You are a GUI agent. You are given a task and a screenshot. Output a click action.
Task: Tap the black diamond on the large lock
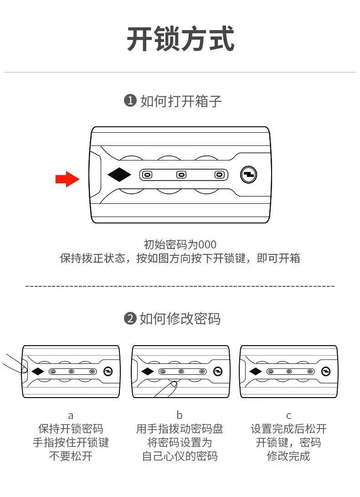point(119,175)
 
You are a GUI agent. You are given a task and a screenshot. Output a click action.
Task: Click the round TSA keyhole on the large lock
point(248,175)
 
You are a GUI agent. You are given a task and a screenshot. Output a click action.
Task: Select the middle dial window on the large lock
point(181,175)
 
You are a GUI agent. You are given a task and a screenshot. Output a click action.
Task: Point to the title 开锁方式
point(180,39)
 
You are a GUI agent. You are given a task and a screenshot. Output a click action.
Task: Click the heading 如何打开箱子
point(181,101)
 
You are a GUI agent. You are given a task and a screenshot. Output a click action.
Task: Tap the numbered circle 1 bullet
point(130,101)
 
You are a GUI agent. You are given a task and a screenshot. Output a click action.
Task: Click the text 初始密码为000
point(180,244)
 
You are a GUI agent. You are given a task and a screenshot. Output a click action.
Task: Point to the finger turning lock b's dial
point(167,389)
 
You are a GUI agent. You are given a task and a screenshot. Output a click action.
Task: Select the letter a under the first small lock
point(71,415)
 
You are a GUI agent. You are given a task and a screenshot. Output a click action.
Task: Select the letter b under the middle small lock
point(180,415)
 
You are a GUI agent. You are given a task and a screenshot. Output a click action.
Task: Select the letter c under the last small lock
point(288,415)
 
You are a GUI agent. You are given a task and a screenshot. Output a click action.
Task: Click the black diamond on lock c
point(256,372)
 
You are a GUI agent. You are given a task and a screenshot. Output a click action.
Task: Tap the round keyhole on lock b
point(217,372)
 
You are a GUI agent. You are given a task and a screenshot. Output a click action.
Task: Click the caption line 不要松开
point(71,456)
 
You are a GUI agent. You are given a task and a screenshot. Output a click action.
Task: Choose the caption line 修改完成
point(288,456)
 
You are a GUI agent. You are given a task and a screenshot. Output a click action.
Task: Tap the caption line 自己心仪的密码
point(180,456)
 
